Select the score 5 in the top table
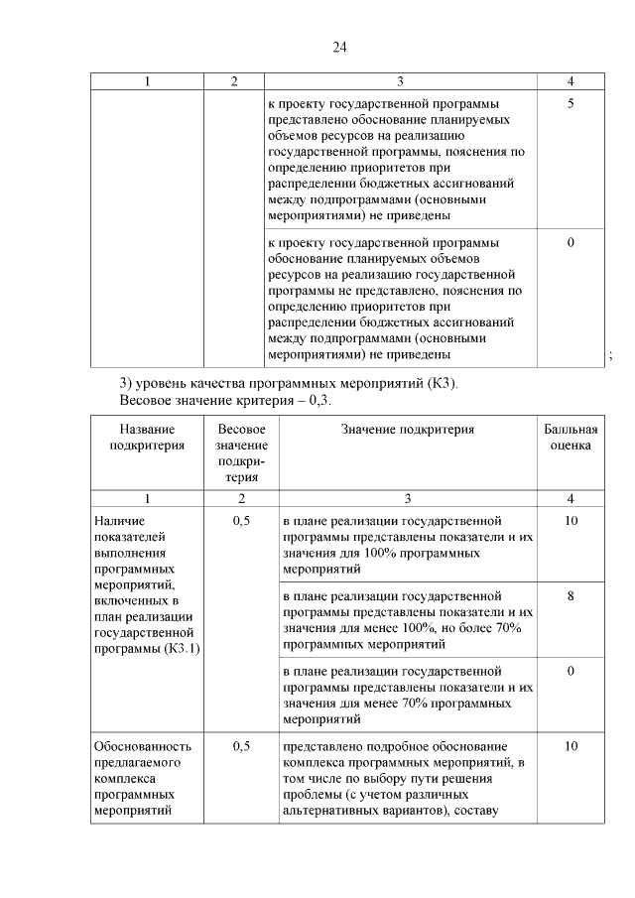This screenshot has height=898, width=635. tap(571, 103)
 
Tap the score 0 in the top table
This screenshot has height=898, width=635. tap(571, 242)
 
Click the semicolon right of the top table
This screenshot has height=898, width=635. tap(610, 357)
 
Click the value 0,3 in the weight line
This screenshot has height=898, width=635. tap(317, 401)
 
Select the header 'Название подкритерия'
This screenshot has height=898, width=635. tap(147, 438)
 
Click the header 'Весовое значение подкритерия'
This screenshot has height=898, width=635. tap(241, 452)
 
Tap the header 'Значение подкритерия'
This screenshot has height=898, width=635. tap(408, 430)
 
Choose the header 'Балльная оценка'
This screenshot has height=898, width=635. tap(571, 438)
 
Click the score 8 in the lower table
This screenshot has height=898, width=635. tap(571, 596)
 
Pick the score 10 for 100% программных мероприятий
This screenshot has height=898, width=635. tap(571, 521)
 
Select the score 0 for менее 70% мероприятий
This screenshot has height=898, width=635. tap(571, 672)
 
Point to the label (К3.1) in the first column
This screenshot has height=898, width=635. tap(174, 648)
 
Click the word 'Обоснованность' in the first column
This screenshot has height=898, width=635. tap(142, 746)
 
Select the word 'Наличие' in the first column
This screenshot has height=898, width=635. tap(119, 521)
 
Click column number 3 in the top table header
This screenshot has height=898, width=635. tap(400, 81)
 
